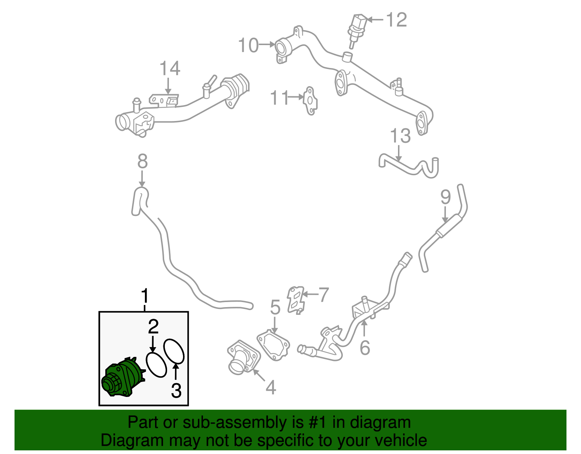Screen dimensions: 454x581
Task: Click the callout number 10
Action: tap(248, 45)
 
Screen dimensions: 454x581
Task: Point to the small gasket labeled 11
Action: tap(310, 100)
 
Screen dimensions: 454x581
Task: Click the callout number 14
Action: tap(170, 69)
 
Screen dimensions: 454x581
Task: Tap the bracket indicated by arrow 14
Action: tap(164, 100)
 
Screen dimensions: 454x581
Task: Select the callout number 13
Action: tap(400, 136)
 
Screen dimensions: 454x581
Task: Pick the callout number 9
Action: tap(445, 197)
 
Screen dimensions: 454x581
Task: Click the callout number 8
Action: tap(142, 161)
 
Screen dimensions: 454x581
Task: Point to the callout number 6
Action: tap(365, 347)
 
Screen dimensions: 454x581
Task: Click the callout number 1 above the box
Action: tap(145, 296)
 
